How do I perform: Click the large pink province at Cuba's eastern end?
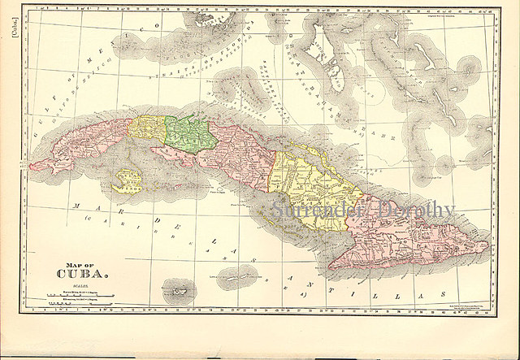(406, 236)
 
